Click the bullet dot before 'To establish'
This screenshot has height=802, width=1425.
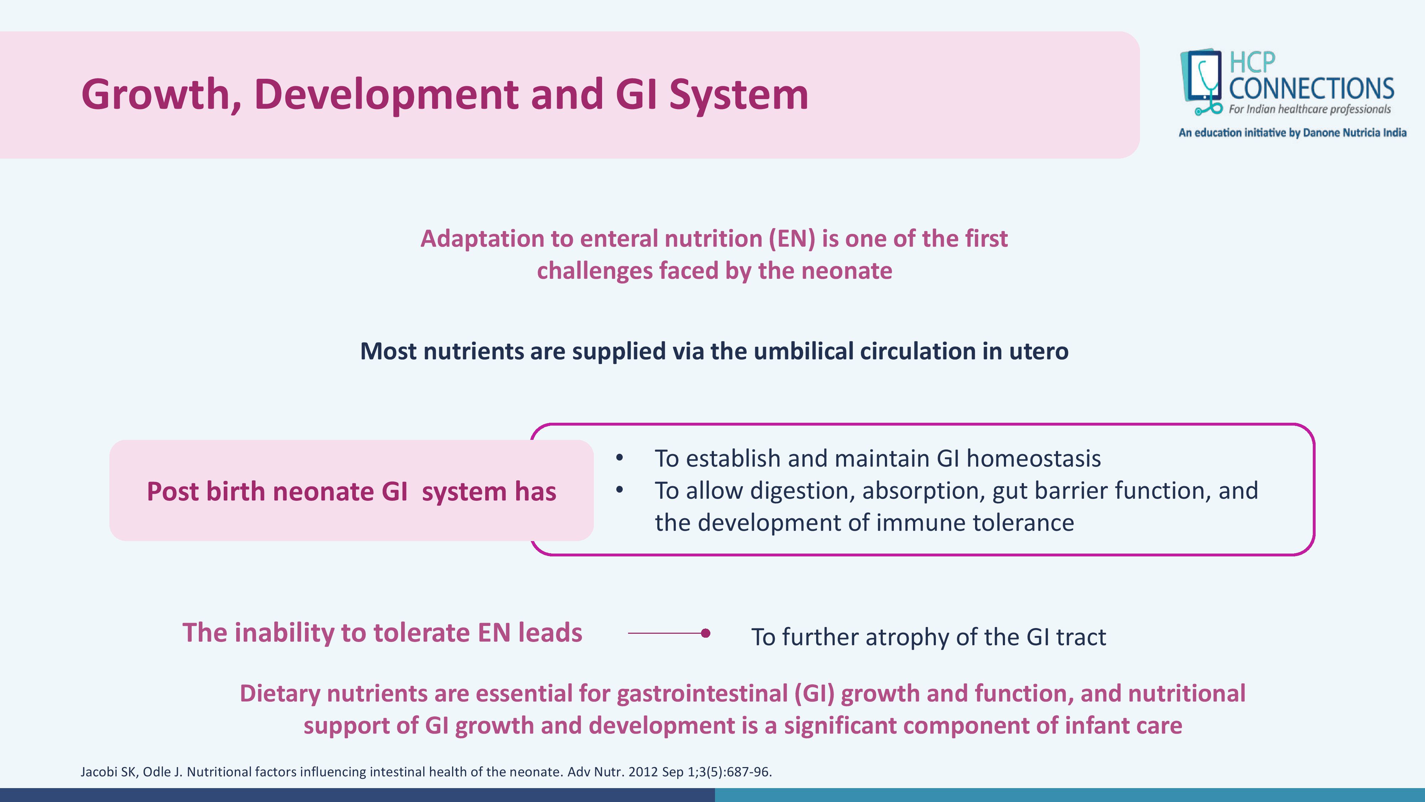pyautogui.click(x=620, y=458)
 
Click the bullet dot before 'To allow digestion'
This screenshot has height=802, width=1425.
pyautogui.click(x=620, y=490)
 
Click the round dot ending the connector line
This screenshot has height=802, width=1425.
pyautogui.click(x=705, y=633)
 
